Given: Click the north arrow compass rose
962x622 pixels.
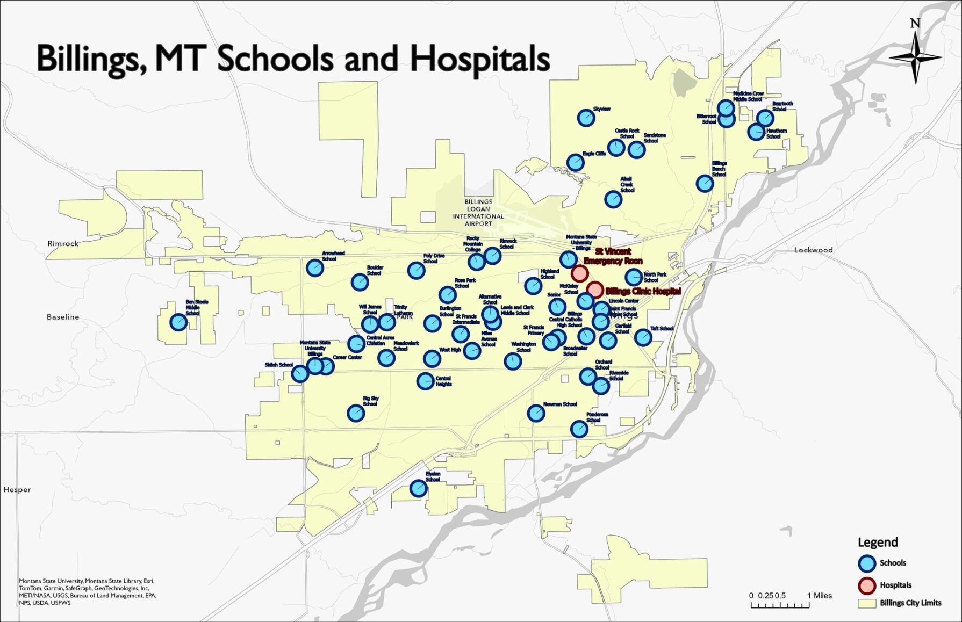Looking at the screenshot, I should [915, 56].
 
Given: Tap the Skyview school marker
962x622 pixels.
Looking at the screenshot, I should [586, 118].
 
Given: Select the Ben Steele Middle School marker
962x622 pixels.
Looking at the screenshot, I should [178, 322].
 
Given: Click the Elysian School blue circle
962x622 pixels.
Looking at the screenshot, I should [419, 488].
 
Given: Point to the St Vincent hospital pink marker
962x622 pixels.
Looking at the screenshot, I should [579, 273].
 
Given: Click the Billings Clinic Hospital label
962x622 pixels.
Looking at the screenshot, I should [643, 291].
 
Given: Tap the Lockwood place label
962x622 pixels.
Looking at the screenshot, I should [813, 250].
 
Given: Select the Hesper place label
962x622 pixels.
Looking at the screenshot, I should [17, 489].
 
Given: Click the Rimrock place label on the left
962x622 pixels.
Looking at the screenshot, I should [63, 243].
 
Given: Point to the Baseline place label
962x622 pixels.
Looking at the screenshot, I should [63, 317].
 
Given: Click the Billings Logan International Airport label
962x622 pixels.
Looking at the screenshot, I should [478, 213].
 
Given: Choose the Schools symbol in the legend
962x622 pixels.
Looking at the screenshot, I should [867, 563].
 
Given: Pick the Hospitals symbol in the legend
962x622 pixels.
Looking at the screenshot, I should [867, 585].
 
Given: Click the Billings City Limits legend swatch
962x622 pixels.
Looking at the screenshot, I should [867, 603].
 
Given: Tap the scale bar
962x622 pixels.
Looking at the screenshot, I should [780, 605].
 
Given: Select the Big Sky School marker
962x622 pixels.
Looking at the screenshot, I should [356, 413].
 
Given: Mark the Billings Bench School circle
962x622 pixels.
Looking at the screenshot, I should [705, 184].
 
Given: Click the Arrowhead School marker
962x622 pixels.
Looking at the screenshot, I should [314, 267].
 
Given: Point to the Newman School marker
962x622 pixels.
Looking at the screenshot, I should [536, 413].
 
